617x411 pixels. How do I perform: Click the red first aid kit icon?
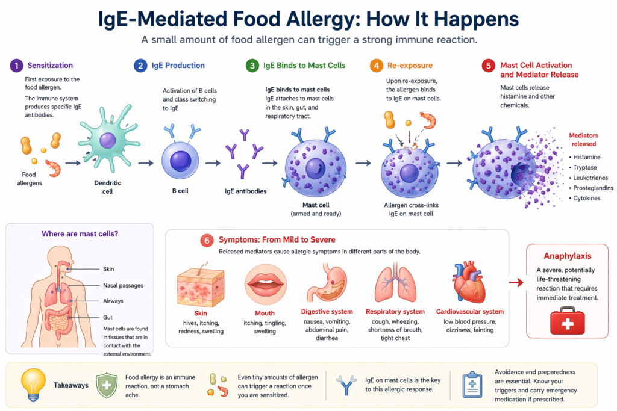tap(567, 320)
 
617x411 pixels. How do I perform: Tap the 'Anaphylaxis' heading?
tap(567, 256)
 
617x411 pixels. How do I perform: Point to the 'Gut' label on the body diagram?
tap(108, 317)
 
